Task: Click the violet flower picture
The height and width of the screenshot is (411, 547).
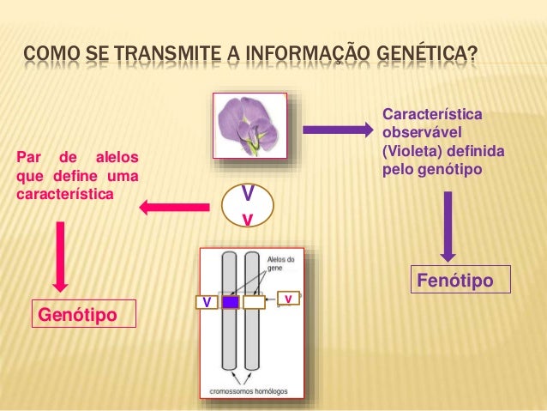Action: [249, 127]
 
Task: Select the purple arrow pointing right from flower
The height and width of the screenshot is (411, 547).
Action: [335, 130]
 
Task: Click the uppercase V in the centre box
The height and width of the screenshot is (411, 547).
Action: [247, 192]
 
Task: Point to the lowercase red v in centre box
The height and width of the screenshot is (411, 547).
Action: [247, 219]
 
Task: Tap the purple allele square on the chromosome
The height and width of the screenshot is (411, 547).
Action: [230, 302]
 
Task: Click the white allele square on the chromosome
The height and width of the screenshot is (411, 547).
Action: [254, 302]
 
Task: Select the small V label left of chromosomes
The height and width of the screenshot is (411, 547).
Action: [206, 302]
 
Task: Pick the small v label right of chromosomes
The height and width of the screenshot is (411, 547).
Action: [289, 298]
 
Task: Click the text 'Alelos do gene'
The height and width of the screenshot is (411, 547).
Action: [281, 263]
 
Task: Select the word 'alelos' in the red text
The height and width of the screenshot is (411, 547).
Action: [116, 158]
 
